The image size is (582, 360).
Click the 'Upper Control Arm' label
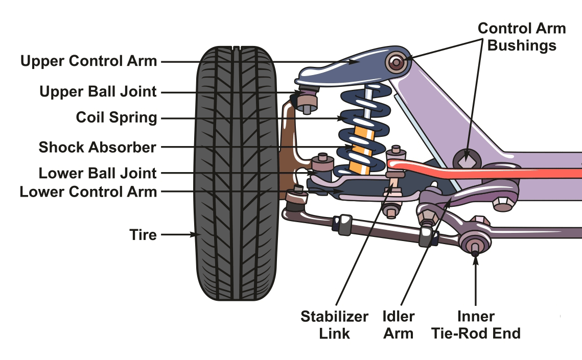click(x=88, y=61)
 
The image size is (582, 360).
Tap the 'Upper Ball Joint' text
click(x=98, y=92)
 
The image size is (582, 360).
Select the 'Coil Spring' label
click(x=116, y=117)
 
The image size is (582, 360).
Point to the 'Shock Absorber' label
click(x=97, y=148)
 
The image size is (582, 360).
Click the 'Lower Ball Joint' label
click(x=97, y=173)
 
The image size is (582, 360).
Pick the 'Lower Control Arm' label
click(x=88, y=192)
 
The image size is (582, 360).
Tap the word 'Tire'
click(x=143, y=235)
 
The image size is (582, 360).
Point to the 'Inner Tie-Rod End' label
click(x=475, y=325)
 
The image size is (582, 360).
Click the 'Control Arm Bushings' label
click(x=521, y=37)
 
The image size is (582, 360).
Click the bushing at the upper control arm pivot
click(x=396, y=63)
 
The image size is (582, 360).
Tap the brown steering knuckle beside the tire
click(x=289, y=138)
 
